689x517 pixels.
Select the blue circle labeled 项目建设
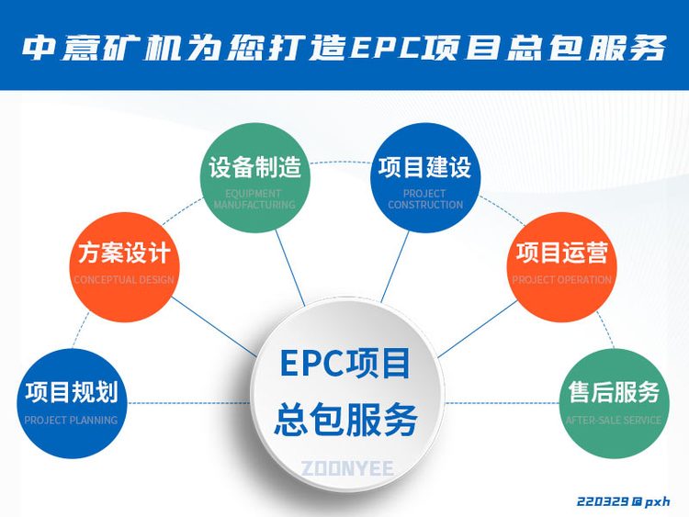(x=424, y=177)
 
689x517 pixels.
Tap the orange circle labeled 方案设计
(x=123, y=261)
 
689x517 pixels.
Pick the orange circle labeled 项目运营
(x=561, y=261)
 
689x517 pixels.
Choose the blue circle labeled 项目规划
(x=71, y=402)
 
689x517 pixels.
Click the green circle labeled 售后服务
(x=614, y=402)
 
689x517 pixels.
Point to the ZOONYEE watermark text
(x=346, y=469)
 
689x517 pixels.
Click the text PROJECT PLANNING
(x=71, y=421)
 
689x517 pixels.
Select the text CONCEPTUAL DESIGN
(x=123, y=280)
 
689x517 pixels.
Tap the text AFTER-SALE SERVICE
(x=614, y=421)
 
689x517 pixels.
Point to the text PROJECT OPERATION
(x=561, y=280)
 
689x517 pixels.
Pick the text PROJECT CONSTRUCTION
(x=424, y=199)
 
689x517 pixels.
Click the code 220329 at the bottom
(x=602, y=501)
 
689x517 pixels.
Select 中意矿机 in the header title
(x=96, y=48)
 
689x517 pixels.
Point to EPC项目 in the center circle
(x=346, y=365)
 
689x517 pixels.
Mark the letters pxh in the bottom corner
(x=657, y=501)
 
